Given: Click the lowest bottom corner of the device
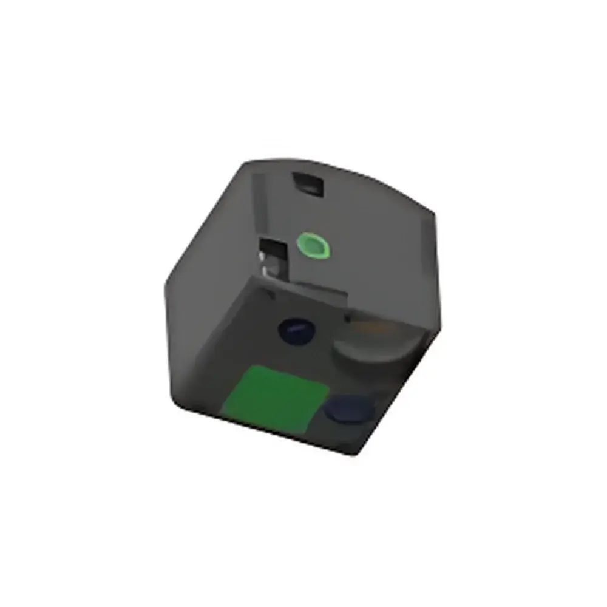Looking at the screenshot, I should coord(354,455).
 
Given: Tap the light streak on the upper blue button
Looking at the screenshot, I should coord(294,327).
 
